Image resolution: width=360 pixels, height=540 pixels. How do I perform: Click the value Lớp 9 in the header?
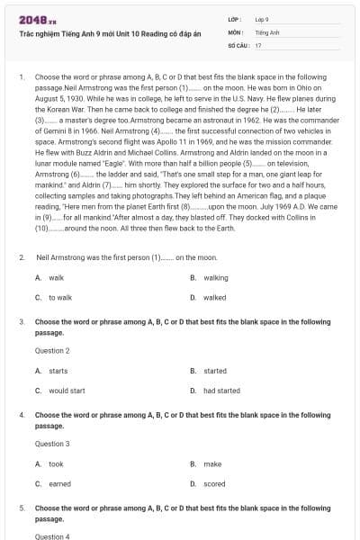[262, 19]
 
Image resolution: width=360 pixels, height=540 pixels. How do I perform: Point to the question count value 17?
[258, 44]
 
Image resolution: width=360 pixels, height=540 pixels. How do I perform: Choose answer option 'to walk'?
[60, 297]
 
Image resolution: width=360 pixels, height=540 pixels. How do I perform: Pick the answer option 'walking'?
[215, 278]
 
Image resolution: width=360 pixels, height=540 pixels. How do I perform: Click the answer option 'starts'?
[58, 371]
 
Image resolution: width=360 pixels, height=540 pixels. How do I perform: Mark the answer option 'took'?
[56, 464]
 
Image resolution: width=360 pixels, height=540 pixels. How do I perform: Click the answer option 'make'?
[212, 464]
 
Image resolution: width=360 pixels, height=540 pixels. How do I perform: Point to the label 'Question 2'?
[52, 350]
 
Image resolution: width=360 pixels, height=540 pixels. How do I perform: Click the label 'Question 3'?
[52, 444]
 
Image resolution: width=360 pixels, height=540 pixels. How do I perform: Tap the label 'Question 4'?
[52, 536]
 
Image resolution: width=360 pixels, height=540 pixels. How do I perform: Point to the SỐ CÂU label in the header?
[238, 44]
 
